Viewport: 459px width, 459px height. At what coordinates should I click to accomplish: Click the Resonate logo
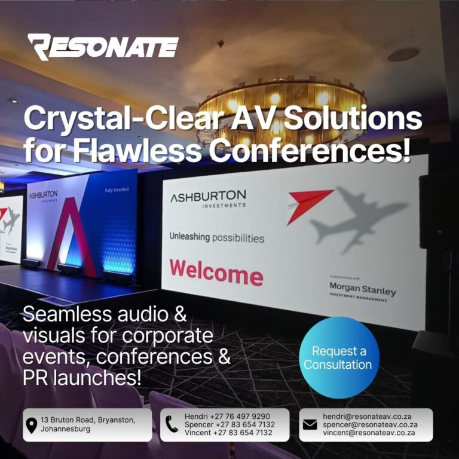[x=103, y=47]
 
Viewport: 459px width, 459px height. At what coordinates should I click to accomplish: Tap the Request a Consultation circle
[x=339, y=357]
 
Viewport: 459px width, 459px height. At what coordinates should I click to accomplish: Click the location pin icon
[x=32, y=426]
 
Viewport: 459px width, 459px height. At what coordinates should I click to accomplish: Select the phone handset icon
[x=172, y=424]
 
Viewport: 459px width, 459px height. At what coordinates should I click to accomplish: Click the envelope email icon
[x=310, y=425]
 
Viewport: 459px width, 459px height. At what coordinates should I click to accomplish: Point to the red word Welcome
[x=216, y=273]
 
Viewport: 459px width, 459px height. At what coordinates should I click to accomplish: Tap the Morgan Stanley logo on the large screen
[x=362, y=291]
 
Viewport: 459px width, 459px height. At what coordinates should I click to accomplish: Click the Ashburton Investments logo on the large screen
[x=208, y=198]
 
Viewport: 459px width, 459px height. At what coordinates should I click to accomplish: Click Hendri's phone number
[x=240, y=416]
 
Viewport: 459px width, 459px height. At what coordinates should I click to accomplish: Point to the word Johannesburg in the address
[x=65, y=429]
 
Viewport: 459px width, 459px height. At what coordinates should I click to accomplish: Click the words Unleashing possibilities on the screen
[x=216, y=237]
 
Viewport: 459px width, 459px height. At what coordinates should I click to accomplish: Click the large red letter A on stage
[x=72, y=237]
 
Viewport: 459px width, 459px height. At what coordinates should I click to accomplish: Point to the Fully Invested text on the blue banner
[x=117, y=190]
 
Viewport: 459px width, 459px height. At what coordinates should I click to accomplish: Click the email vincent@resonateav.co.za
[x=369, y=433]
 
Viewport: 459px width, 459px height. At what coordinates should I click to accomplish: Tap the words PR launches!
[x=82, y=378]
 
